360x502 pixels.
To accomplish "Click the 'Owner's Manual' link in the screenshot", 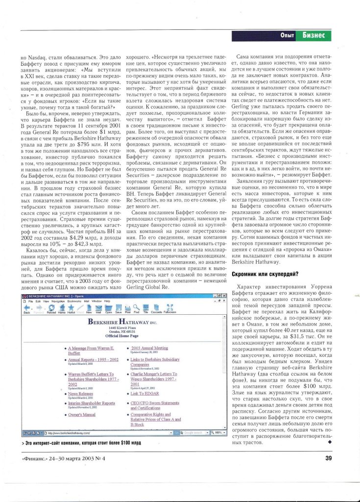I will pos(81,415).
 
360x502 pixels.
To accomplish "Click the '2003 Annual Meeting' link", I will pos(149,348).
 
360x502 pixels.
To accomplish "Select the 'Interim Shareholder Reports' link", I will pos(91,403).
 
